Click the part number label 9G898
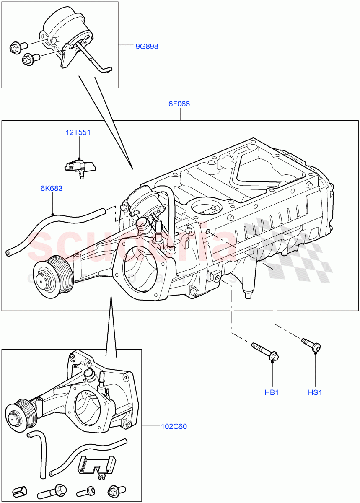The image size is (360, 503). point(147,47)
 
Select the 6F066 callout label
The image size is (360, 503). point(179,104)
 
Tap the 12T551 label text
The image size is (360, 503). point(78,133)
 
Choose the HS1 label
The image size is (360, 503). point(315,393)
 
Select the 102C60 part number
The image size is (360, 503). point(174,427)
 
